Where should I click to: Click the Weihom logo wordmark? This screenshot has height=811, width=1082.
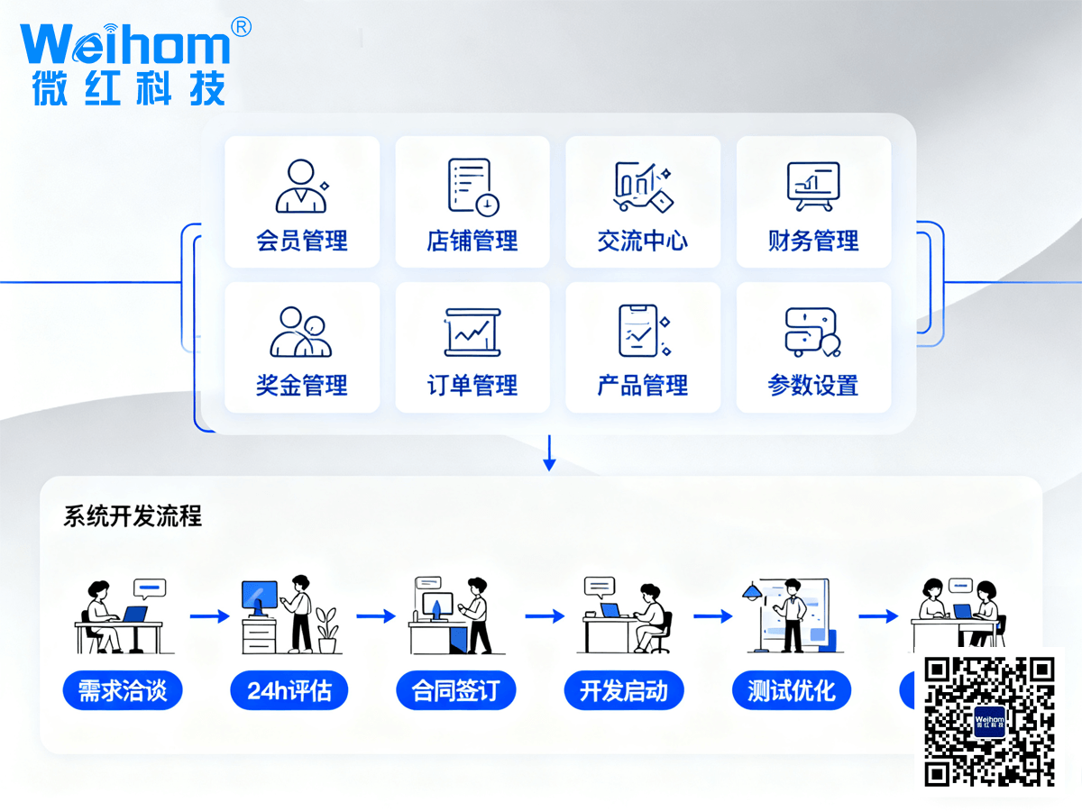(125, 44)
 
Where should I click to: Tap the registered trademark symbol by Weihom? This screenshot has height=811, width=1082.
(241, 27)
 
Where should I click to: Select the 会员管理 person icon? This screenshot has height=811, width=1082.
(301, 186)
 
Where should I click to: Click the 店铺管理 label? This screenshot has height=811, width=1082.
(472, 241)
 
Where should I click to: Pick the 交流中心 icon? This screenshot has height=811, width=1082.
(643, 186)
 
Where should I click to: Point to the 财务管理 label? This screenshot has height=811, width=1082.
(813, 241)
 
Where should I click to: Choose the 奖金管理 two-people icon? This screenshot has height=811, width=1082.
(301, 332)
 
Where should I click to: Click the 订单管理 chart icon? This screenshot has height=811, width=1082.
(472, 333)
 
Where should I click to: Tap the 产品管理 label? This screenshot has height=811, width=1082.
(643, 387)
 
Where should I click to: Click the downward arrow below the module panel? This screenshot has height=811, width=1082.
(549, 453)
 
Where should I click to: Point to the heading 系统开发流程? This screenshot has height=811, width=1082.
(133, 516)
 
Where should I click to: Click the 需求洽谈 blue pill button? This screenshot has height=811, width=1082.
(123, 691)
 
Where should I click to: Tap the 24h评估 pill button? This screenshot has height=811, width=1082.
(289, 691)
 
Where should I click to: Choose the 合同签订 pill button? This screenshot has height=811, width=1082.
(457, 691)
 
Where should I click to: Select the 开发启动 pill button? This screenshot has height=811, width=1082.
(624, 691)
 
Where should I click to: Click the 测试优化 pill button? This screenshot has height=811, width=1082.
(792, 691)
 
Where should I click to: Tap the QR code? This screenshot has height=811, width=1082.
(989, 721)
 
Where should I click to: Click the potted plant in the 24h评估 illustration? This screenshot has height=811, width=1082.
(326, 628)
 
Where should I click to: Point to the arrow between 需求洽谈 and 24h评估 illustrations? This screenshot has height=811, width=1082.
(209, 616)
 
